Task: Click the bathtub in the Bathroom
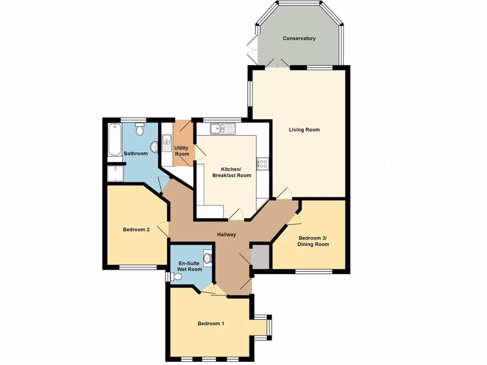[x=115, y=140]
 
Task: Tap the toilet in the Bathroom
[x=140, y=129]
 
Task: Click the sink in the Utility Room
[x=166, y=142]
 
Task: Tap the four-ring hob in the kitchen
[x=263, y=164]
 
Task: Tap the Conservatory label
[x=299, y=38]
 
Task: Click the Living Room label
[x=304, y=130]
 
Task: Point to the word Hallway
[x=226, y=235]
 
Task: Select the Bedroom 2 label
[x=136, y=230]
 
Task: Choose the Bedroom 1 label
[x=211, y=324]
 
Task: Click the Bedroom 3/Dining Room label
[x=313, y=241]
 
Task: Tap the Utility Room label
[x=182, y=151]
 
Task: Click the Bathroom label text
[x=136, y=154]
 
